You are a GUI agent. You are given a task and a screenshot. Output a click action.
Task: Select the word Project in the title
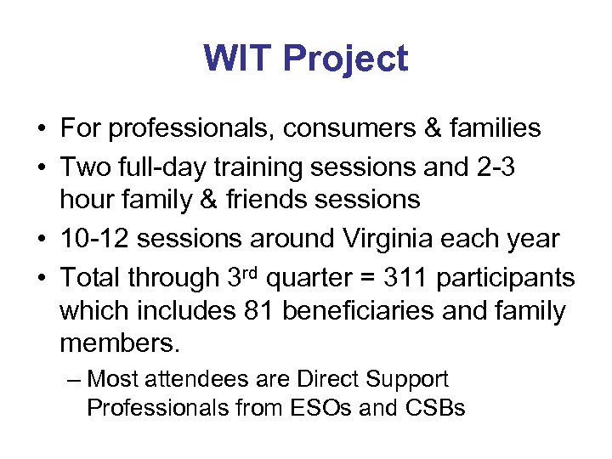[346, 59]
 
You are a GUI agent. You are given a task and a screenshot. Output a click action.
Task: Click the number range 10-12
[94, 239]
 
